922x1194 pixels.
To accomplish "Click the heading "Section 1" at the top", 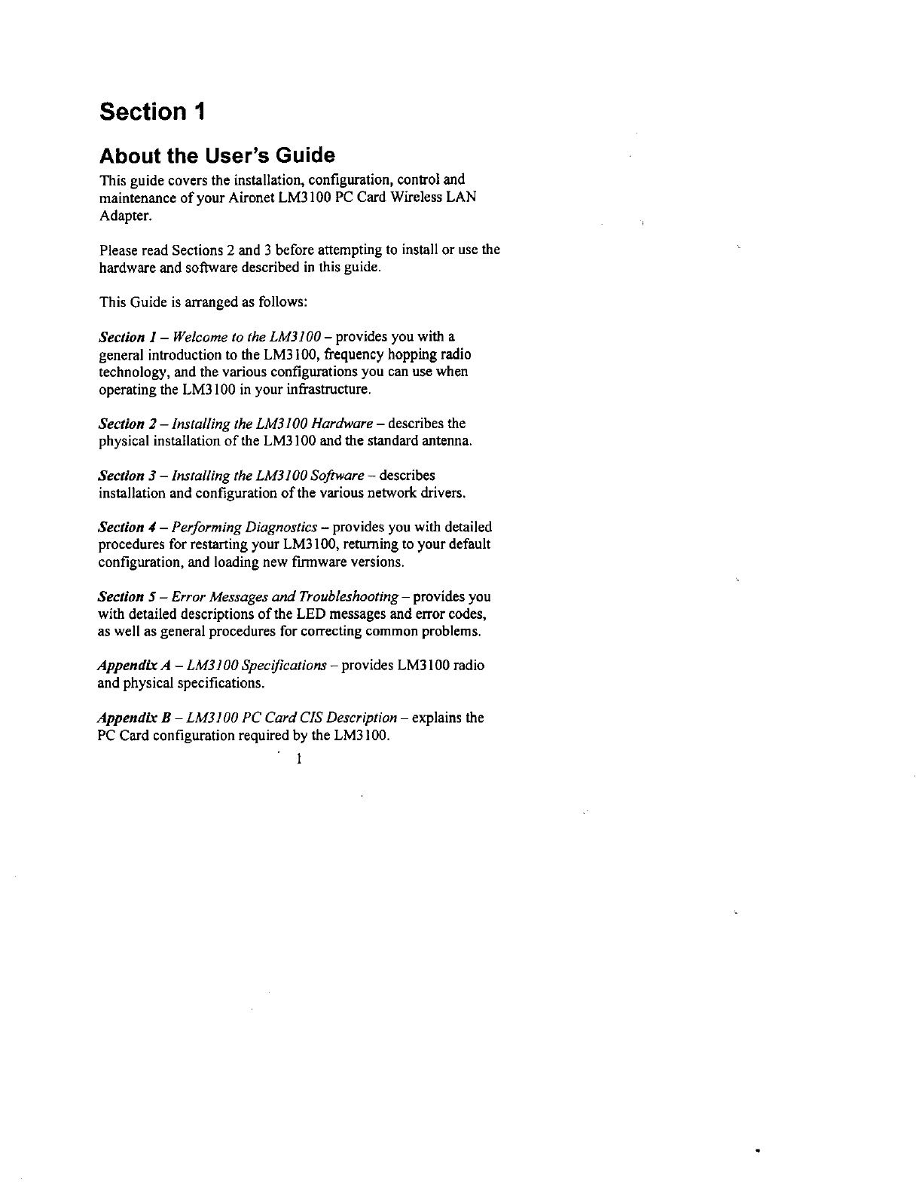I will point(151,112).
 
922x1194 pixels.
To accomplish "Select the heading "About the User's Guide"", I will point(217,156).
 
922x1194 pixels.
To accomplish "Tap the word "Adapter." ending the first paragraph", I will point(125,216).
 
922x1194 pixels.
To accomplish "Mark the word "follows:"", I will point(282,302).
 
